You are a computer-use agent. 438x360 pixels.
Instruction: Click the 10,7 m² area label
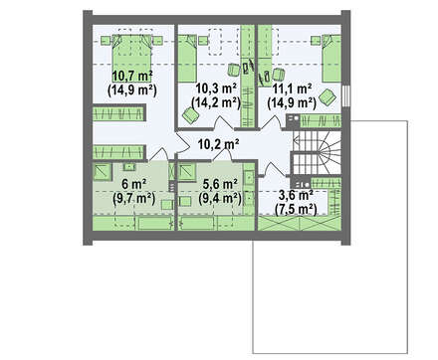click(132, 77)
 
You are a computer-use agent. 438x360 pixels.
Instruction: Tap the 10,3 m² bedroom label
click(216, 89)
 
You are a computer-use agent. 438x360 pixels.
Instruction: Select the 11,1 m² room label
click(292, 89)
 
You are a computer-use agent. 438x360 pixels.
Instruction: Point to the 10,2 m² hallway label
click(219, 144)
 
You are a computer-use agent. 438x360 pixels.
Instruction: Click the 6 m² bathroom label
click(134, 184)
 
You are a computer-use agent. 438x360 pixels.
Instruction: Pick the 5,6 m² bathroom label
click(220, 184)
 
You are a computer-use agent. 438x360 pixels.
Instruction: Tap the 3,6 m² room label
click(297, 196)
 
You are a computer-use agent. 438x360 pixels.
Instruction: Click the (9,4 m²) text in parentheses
click(220, 198)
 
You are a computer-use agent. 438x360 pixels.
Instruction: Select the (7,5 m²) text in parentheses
click(296, 210)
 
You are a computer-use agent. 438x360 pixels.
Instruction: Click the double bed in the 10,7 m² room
click(132, 54)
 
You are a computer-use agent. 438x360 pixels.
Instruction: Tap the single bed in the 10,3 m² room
click(187, 59)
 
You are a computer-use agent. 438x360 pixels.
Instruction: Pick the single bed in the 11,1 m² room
click(331, 58)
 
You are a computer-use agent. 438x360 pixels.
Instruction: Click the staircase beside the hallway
click(317, 152)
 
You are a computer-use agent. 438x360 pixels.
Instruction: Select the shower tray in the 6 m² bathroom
click(103, 172)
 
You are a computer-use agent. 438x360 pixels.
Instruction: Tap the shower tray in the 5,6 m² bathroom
click(187, 172)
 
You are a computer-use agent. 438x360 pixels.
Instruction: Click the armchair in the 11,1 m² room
click(328, 97)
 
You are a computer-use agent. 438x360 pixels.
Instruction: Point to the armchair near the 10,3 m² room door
click(190, 115)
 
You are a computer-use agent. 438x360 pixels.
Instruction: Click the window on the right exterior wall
click(345, 95)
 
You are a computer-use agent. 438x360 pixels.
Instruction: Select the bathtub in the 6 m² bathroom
click(154, 223)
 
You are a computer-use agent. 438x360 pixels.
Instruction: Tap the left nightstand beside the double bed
click(106, 41)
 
